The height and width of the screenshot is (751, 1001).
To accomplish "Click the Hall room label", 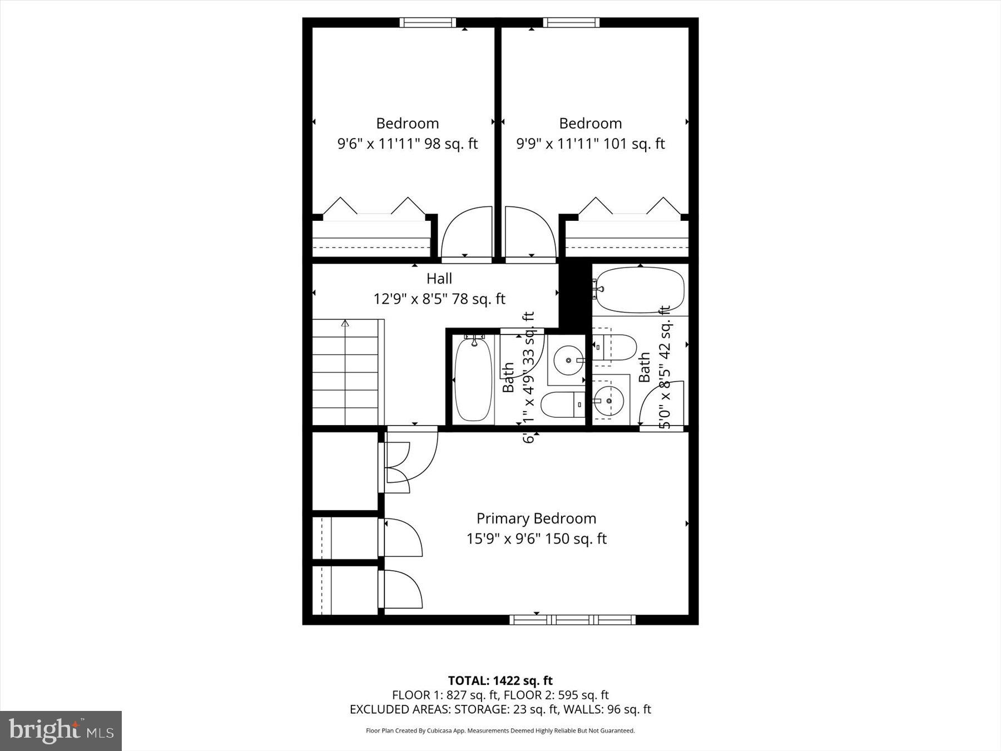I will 439,279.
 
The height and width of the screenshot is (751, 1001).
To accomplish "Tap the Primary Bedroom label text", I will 536,518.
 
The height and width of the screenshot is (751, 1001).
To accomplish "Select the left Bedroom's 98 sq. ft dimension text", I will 407,144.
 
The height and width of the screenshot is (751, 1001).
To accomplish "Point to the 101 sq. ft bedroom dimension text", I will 590,144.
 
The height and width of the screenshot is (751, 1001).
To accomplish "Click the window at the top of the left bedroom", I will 427,23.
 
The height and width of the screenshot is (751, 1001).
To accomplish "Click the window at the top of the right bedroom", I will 571,23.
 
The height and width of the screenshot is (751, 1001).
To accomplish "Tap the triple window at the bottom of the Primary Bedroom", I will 572,619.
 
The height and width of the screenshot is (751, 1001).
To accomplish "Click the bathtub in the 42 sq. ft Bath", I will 640,290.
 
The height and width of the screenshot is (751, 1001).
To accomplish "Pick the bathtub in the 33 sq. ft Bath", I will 473,379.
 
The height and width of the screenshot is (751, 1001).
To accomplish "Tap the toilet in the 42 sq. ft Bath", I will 615,347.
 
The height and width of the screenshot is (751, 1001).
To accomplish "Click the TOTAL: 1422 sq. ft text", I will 500,680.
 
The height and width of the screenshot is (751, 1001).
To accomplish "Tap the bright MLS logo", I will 61,730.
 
